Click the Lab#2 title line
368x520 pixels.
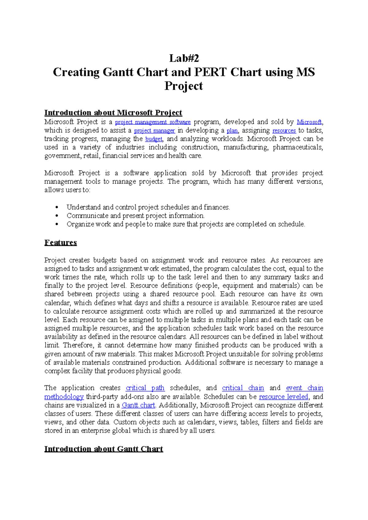click(x=184, y=58)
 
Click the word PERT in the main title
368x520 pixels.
click(x=210, y=72)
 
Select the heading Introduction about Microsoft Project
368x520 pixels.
click(x=113, y=113)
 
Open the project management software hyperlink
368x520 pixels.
click(x=153, y=122)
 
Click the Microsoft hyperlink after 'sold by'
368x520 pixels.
click(x=309, y=122)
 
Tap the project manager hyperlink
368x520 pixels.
click(x=154, y=131)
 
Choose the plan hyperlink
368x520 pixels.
click(x=232, y=131)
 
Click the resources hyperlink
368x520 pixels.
click(x=284, y=131)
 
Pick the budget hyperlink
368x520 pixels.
click(x=154, y=139)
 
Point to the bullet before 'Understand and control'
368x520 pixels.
click(x=57, y=208)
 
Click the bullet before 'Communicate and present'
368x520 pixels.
click(x=57, y=216)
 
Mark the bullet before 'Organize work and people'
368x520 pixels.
click(x=57, y=224)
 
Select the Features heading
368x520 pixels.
click(x=60, y=243)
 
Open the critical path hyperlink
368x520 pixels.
click(x=145, y=388)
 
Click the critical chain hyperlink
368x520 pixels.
click(x=243, y=388)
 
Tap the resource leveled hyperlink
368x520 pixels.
click(x=283, y=397)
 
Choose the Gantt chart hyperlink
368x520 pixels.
click(x=138, y=405)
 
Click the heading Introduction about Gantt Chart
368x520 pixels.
click(x=104, y=449)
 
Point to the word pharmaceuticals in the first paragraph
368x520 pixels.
click(x=297, y=147)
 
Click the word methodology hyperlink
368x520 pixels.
click(x=64, y=397)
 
